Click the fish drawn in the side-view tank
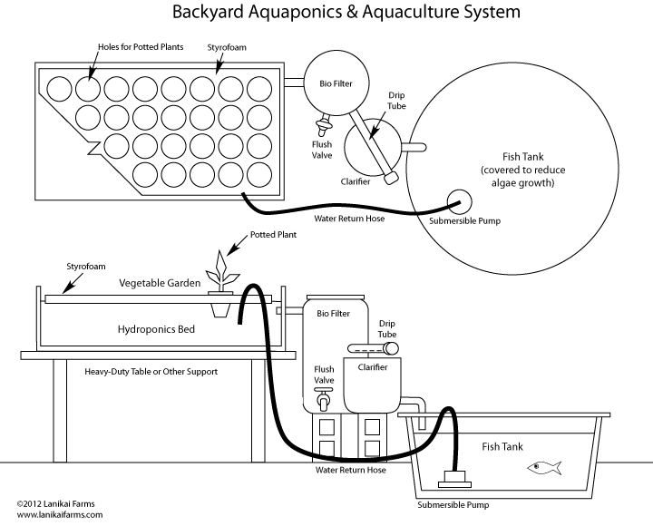[544, 468]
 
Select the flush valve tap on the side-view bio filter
[322, 399]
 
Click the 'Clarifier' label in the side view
[372, 367]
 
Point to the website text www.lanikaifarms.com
[59, 513]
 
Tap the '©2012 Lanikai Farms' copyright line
[55, 502]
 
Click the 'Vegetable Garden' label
[159, 283]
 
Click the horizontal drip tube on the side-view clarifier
[373, 347]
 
